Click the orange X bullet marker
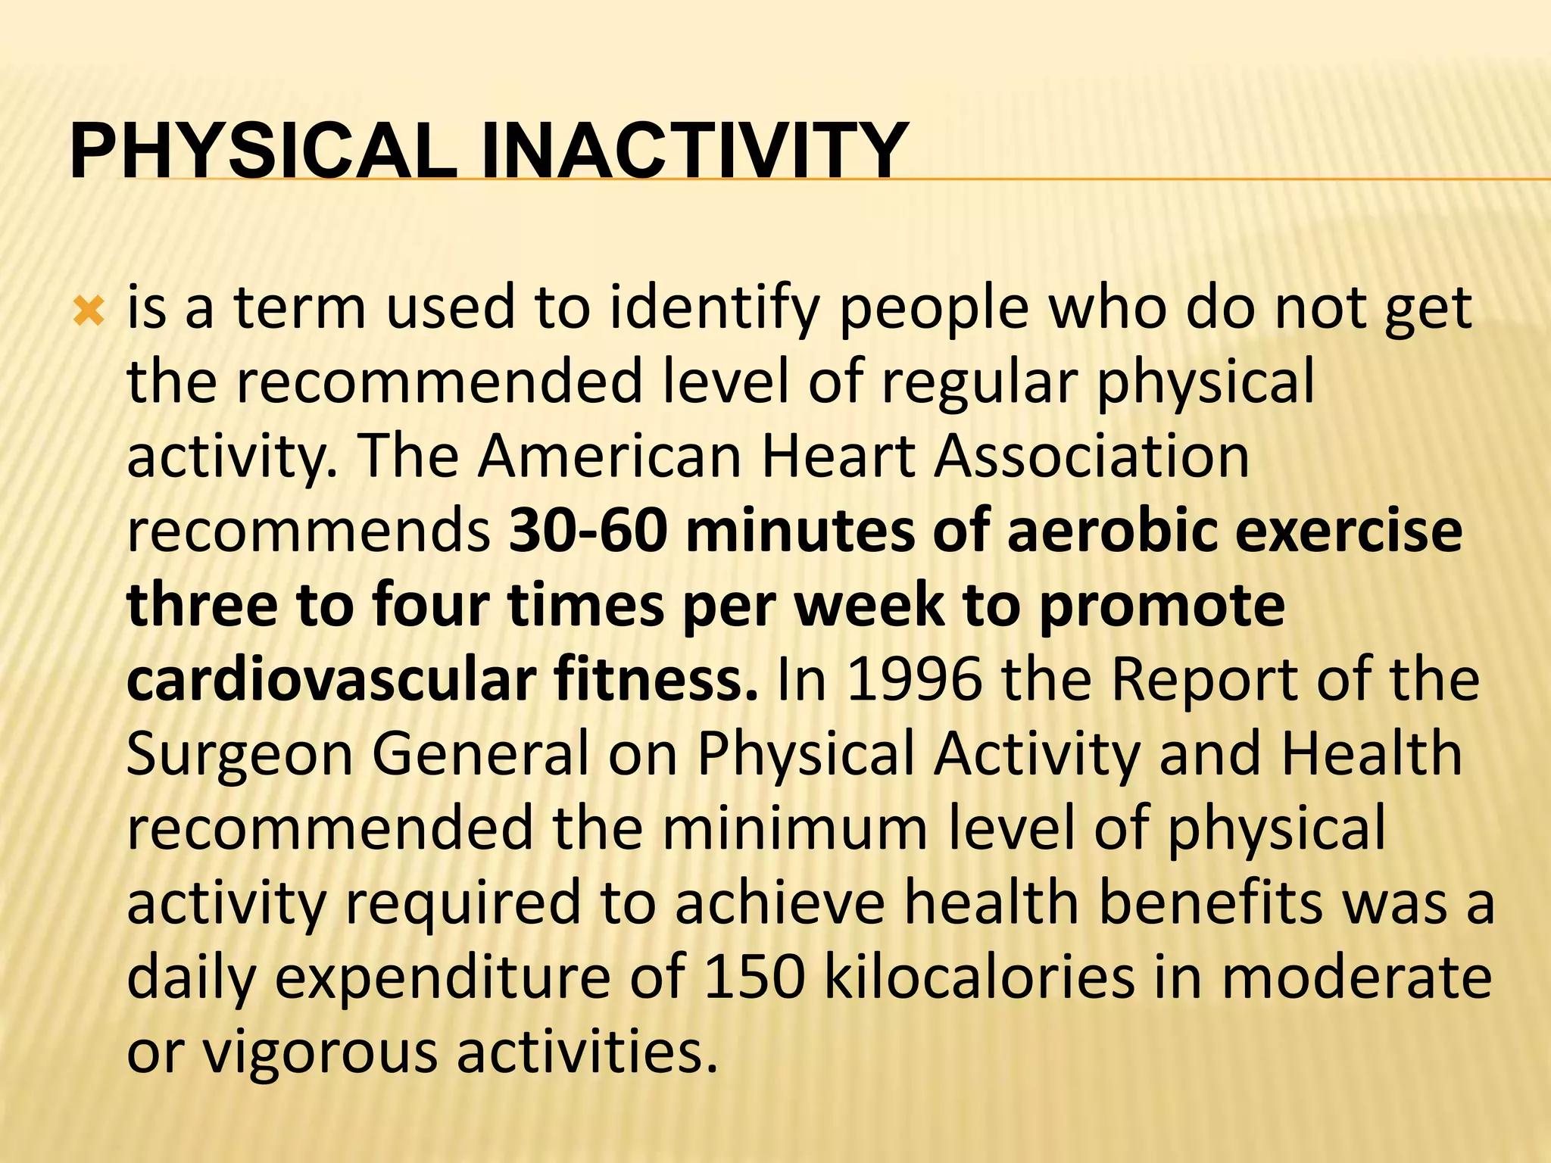tap(89, 311)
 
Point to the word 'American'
tap(609, 457)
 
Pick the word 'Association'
tap(1091, 457)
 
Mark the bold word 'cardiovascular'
tap(331, 680)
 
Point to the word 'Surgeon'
tap(239, 754)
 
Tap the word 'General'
tap(480, 754)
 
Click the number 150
tap(754, 977)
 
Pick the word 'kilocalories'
tap(978, 977)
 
